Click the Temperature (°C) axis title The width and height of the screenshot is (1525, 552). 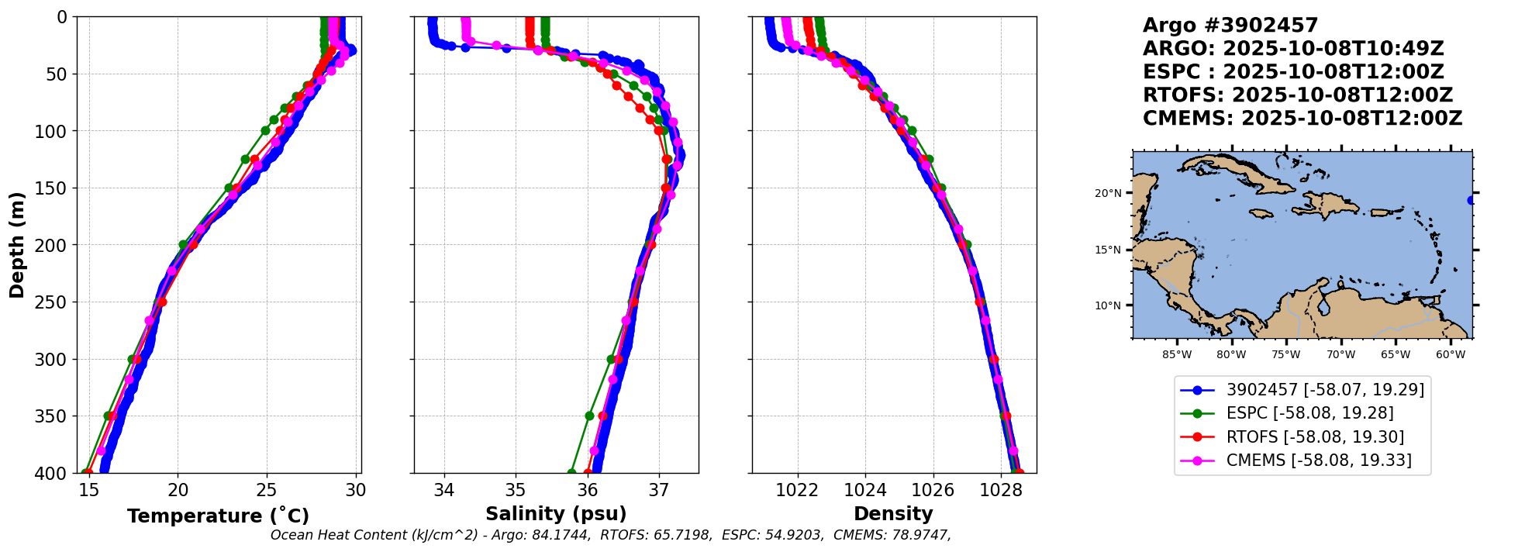218,516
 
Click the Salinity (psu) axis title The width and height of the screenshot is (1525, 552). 556,514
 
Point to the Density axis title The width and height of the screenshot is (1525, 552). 893,514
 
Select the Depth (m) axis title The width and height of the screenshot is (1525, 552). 16,245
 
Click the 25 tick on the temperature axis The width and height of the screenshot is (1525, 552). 267,490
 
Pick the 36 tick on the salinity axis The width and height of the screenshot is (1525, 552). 588,490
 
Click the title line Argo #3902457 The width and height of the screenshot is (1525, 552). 1230,26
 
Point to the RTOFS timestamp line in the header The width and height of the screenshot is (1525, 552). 1298,95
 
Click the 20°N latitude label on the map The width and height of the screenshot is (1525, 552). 1108,193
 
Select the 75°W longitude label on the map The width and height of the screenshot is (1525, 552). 1285,355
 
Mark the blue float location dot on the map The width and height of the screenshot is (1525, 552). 1471,200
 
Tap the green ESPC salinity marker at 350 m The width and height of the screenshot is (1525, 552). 589,416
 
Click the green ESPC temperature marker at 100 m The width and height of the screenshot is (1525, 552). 265,130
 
